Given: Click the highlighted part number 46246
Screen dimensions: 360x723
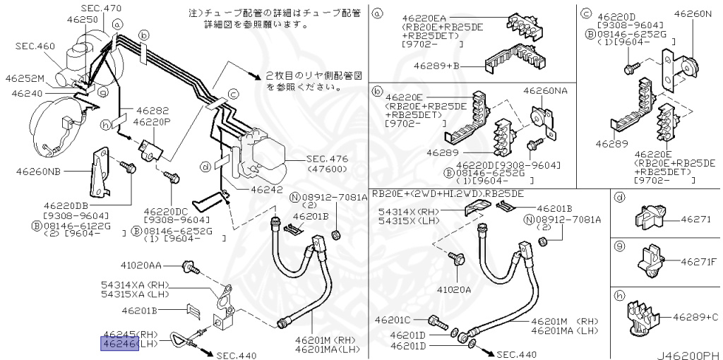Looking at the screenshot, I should [119, 344].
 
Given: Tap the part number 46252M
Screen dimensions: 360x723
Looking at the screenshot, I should [24, 78].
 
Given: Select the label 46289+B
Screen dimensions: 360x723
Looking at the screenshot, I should [436, 66].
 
